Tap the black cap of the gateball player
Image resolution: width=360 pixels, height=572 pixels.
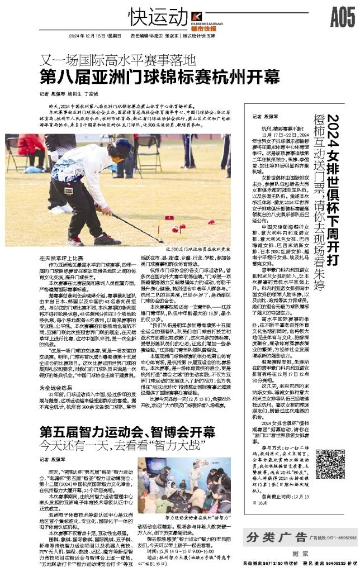click(121, 147)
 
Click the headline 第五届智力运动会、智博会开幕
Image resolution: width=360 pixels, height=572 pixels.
click(127, 416)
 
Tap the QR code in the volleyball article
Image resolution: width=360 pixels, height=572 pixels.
click(326, 463)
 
